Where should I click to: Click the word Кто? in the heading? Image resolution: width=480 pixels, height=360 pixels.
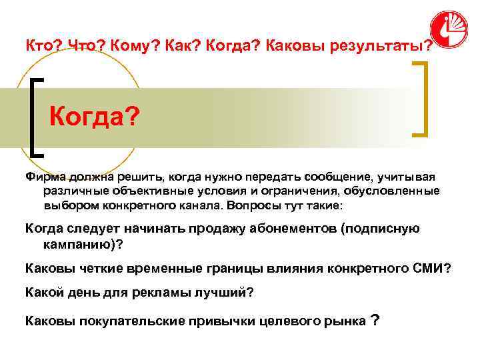click(41, 46)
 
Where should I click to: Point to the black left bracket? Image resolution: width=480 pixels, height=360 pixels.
click(37, 117)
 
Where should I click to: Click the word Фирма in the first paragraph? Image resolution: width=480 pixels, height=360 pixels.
click(43, 177)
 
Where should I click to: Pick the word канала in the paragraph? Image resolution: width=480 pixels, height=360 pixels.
click(201, 205)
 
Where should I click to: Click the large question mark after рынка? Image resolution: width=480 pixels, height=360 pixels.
click(375, 320)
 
